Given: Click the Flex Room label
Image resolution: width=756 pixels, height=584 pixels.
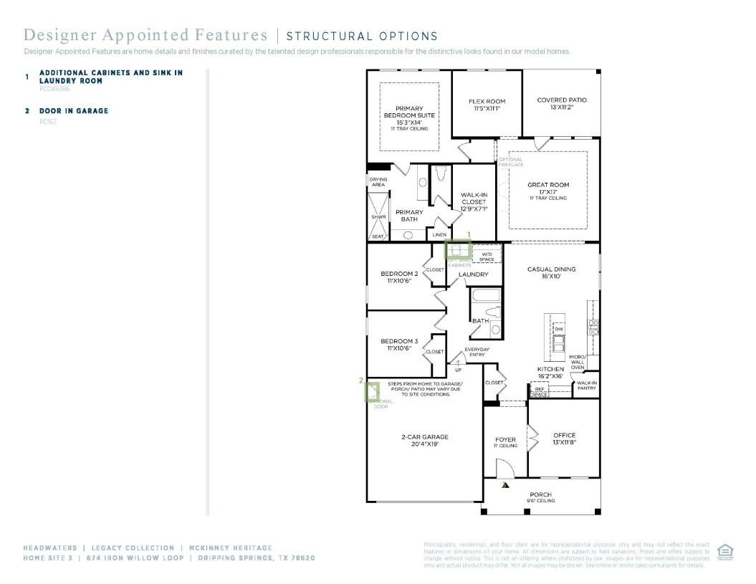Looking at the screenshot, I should (x=487, y=105).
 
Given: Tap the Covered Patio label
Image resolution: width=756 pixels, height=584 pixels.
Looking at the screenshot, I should (x=562, y=103).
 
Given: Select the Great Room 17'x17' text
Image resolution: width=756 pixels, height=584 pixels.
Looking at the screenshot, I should (x=548, y=188).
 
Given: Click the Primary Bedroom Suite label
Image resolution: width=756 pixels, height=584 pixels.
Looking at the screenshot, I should (x=409, y=115).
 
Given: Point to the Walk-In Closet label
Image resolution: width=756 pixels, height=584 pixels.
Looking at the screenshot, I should (x=474, y=201).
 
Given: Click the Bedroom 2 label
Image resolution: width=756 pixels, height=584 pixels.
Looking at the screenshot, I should (x=399, y=277).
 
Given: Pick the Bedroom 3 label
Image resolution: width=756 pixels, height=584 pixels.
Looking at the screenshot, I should (x=399, y=344).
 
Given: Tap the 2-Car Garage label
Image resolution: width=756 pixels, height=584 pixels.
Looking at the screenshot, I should (x=425, y=440).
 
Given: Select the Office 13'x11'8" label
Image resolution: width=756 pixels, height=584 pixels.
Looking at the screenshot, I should (x=564, y=439).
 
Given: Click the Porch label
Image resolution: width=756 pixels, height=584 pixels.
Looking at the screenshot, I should (x=541, y=497).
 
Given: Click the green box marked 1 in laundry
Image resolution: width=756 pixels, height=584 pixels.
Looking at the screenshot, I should (x=458, y=249).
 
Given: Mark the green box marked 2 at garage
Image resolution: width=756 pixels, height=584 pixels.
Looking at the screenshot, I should (x=372, y=392).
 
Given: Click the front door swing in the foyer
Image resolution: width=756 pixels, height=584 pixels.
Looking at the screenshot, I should (x=505, y=469).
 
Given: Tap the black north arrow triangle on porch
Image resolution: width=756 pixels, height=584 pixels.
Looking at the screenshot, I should (x=505, y=485).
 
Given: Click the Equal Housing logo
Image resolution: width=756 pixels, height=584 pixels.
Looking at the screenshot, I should (x=724, y=551).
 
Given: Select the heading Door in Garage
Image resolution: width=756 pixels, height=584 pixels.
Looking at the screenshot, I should (x=74, y=111).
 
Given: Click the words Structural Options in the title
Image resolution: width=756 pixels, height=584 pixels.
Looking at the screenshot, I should (x=362, y=36).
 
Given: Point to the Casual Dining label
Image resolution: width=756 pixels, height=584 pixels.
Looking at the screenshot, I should (x=552, y=272).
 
